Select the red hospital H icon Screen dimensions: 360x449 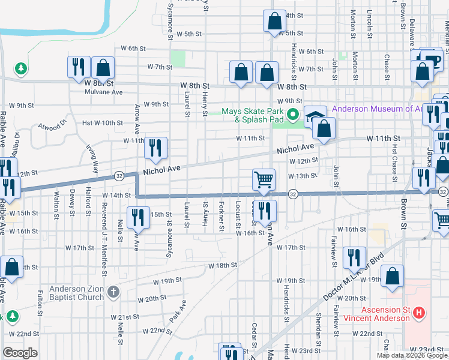420,313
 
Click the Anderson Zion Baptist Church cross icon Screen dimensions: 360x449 114,292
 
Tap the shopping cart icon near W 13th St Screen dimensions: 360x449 264,178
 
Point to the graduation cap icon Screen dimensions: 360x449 314,116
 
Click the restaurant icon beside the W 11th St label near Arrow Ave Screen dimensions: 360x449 155,147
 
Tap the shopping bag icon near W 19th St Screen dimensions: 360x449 392,277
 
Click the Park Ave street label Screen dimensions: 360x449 178,311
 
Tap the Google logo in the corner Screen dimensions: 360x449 20,353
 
